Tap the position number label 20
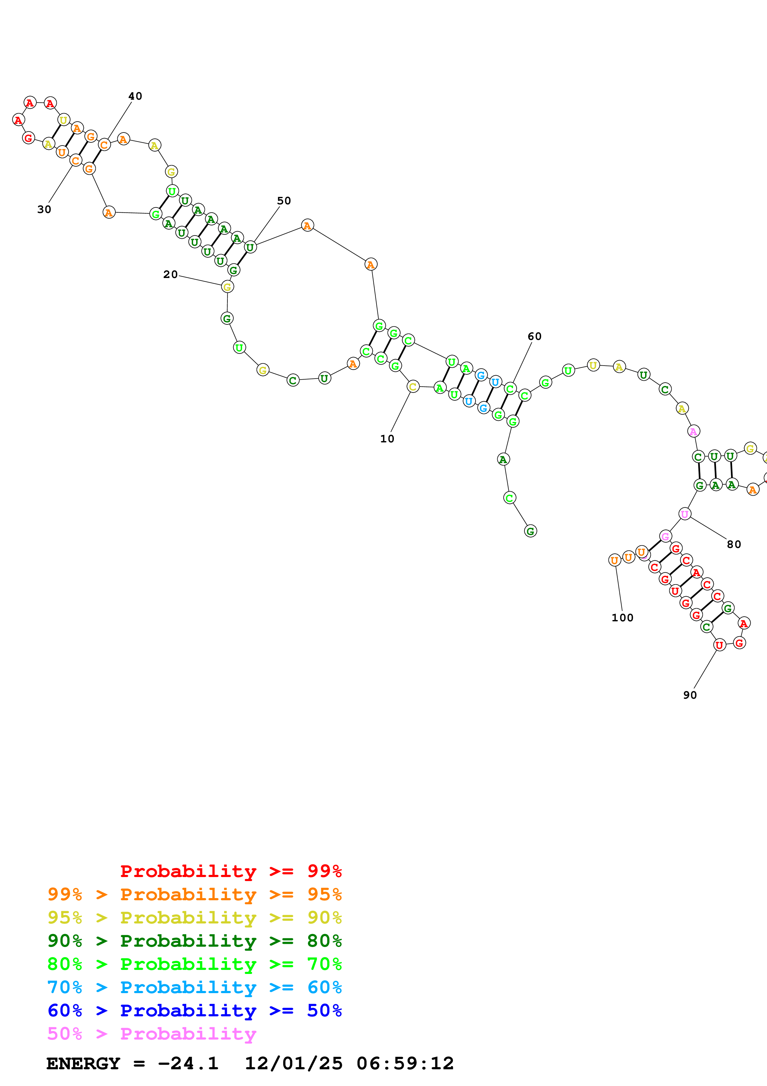point(170,274)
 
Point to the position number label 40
point(135,96)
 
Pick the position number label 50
point(284,201)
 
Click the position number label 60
point(535,336)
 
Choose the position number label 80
point(734,545)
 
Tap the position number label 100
point(623,618)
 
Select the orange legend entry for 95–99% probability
point(194,894)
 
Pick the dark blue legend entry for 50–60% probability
point(194,1010)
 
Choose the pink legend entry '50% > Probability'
point(152,1033)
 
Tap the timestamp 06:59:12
point(405,1063)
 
